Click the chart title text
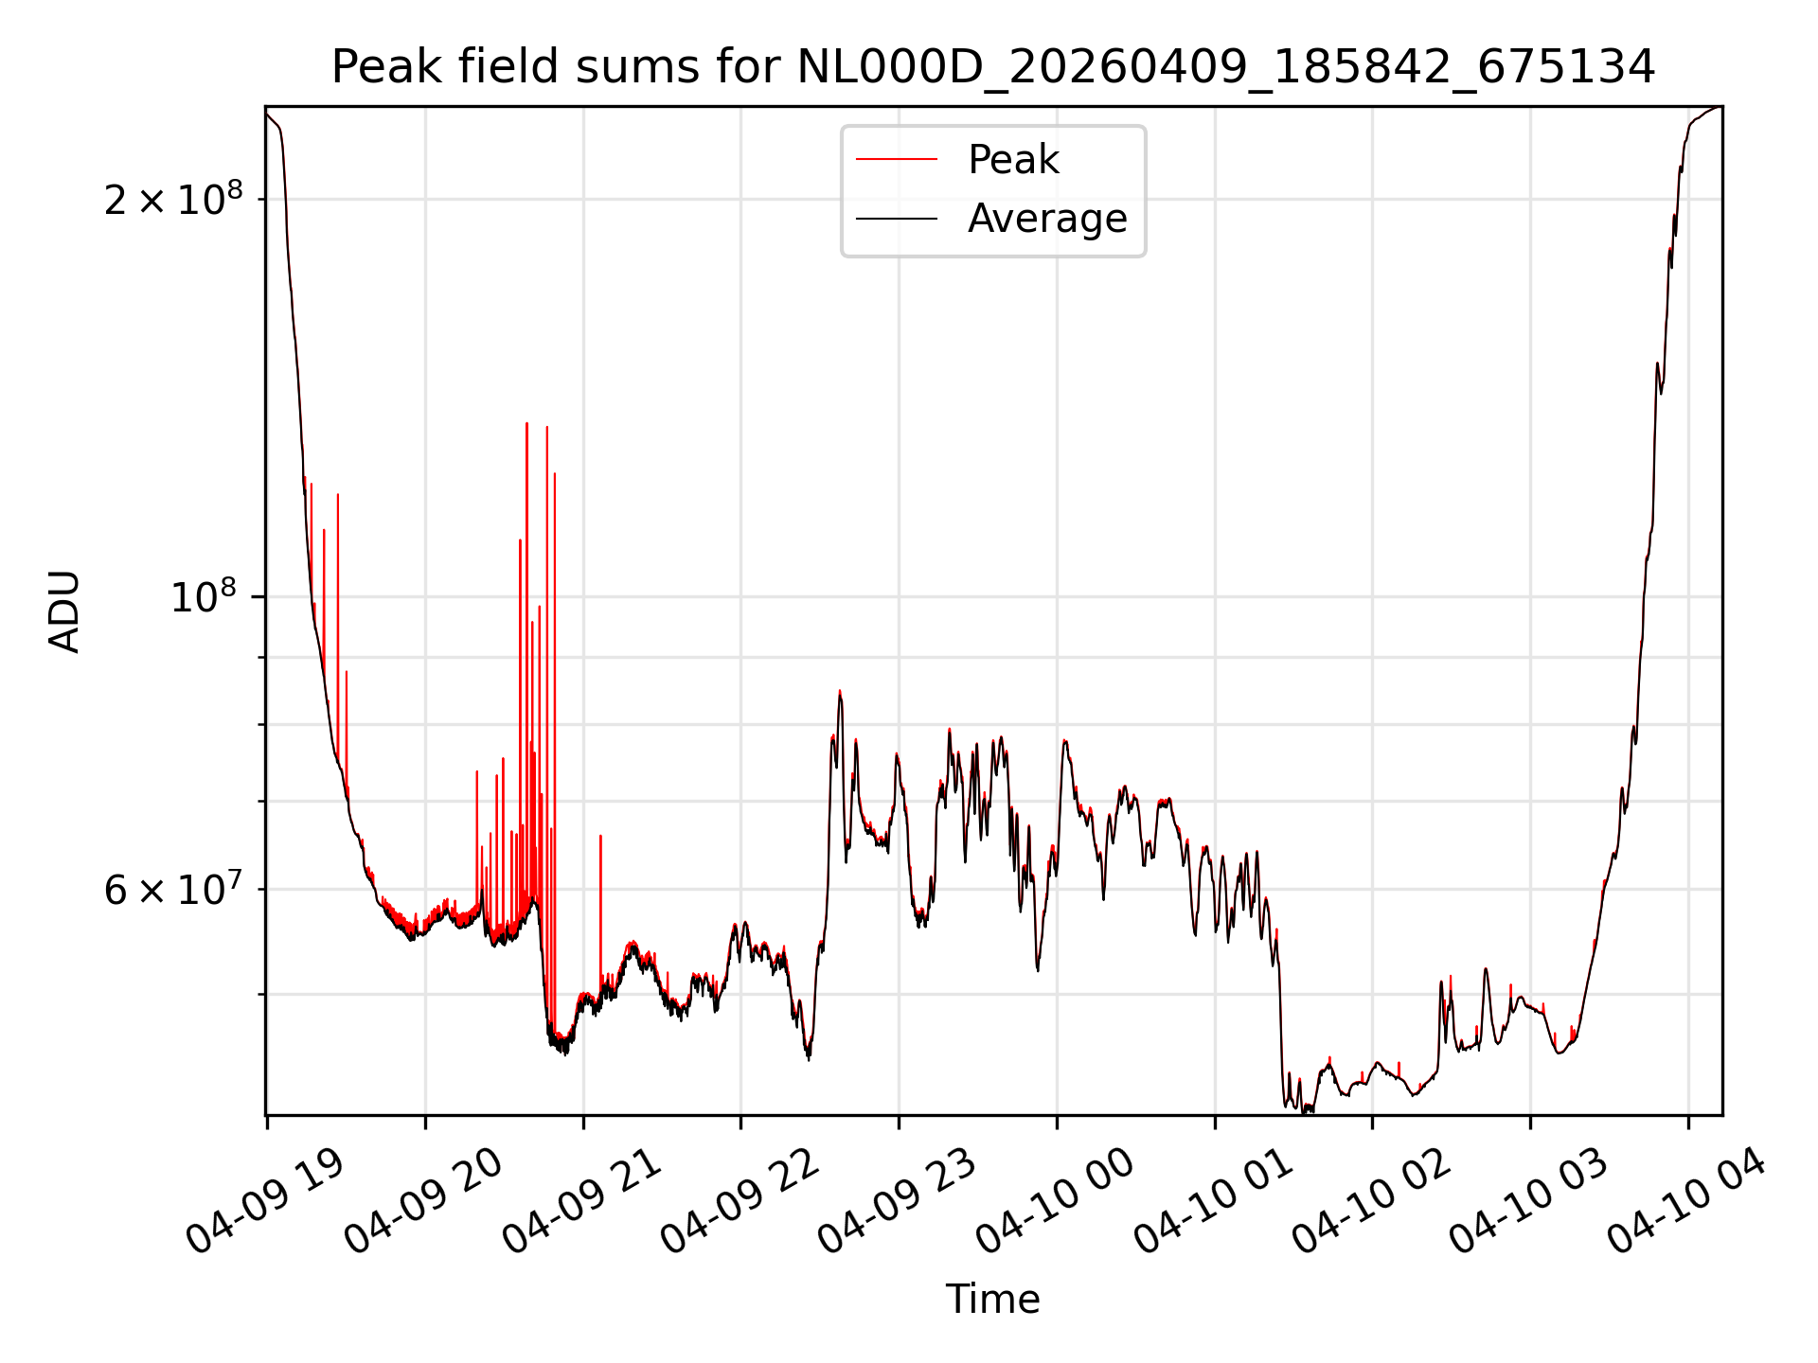click(x=993, y=67)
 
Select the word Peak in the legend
click(x=1013, y=159)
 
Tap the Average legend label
click(x=1047, y=219)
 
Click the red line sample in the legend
click(x=897, y=160)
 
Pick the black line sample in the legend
click(x=897, y=219)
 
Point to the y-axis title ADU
click(x=64, y=611)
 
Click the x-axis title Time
click(x=993, y=1299)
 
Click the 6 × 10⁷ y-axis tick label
click(x=172, y=889)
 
